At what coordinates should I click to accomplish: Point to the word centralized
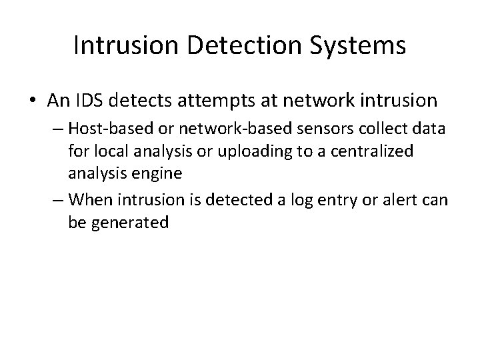[377, 151]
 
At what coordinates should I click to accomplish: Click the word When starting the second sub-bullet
[90, 199]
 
